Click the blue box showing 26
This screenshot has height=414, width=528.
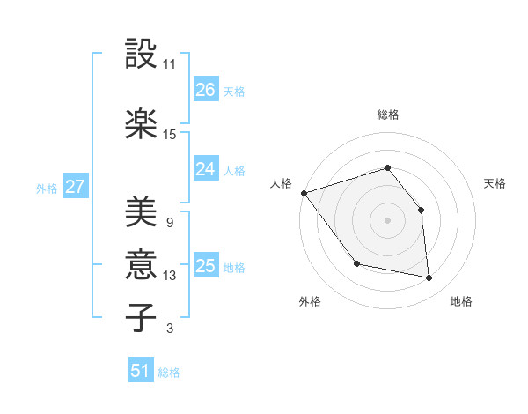(205, 90)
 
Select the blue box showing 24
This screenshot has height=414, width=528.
(205, 169)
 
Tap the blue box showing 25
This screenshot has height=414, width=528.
(205, 266)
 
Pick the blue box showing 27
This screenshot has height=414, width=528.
(75, 187)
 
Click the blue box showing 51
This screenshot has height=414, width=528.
(141, 372)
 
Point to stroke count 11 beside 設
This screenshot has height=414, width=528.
(170, 64)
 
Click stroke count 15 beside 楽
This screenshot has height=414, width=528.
(170, 135)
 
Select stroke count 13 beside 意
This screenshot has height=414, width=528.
(170, 276)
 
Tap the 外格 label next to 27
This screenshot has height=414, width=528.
(47, 188)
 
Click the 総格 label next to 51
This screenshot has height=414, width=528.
(169, 373)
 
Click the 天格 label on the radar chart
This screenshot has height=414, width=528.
(495, 183)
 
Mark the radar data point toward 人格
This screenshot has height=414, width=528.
(304, 193)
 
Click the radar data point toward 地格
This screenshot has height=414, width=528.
(429, 277)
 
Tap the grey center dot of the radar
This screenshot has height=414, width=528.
(387, 219)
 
